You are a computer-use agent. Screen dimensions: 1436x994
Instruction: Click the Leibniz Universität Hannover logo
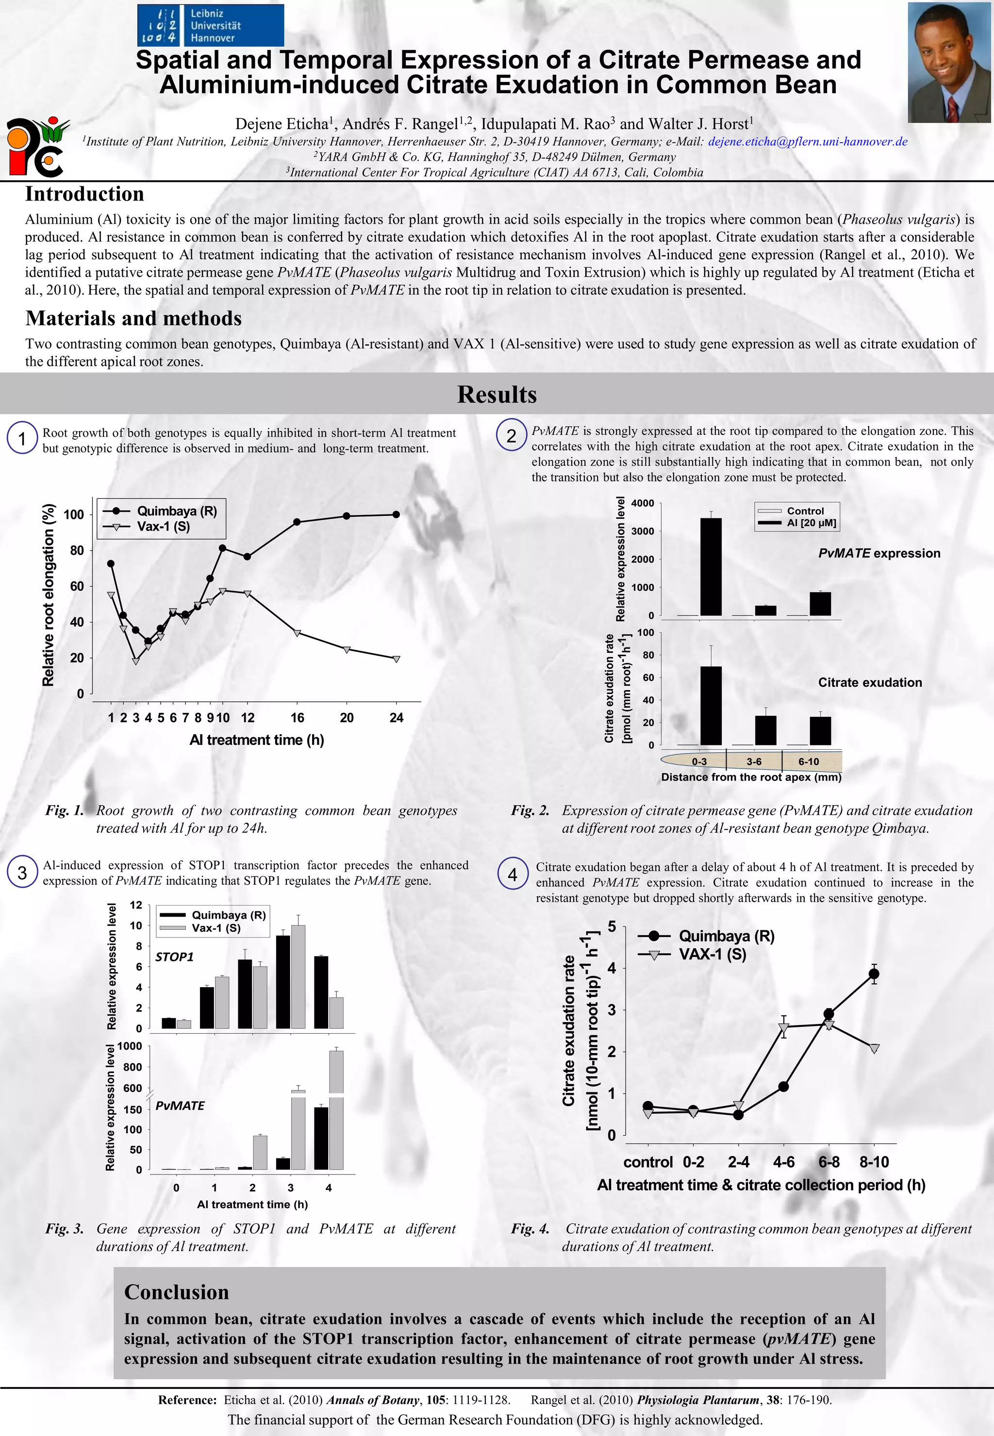(211, 25)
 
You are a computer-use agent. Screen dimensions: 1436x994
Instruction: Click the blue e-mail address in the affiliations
(808, 141)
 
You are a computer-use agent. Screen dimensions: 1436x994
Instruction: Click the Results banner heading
(497, 394)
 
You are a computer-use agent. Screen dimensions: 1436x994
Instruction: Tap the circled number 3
(22, 873)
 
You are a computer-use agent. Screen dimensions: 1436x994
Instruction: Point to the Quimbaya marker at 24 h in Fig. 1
(396, 514)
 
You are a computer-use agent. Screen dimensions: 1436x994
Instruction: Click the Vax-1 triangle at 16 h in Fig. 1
(297, 633)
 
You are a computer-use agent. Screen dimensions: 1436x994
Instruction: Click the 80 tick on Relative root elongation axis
(77, 550)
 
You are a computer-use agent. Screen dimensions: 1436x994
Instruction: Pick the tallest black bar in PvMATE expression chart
(711, 567)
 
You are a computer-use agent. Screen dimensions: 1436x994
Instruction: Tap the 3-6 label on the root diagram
(754, 761)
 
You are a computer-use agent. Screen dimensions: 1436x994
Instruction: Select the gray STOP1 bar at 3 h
(298, 976)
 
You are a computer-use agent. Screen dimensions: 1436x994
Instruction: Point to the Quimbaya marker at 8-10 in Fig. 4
(874, 974)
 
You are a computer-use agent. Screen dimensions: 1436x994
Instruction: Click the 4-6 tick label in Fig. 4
(783, 1162)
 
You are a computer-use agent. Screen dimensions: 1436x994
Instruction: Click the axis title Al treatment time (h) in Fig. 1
(257, 740)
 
